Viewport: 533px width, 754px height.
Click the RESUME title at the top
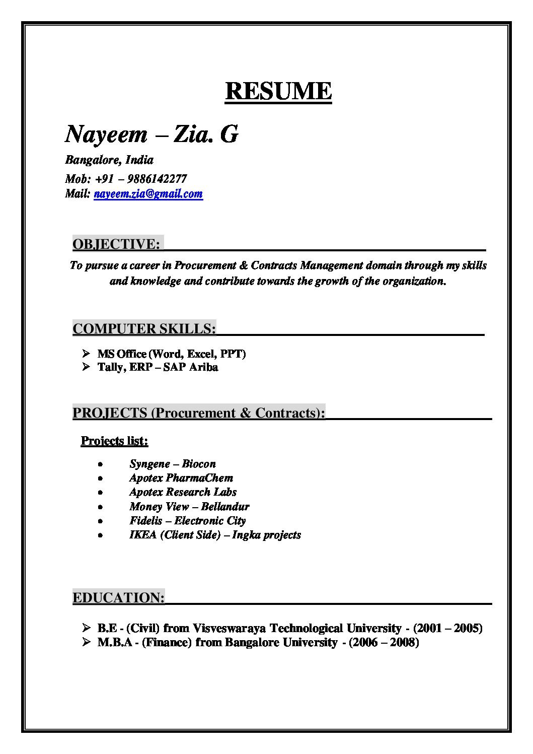pos(278,91)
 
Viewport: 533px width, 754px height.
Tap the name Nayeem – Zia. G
pos(151,134)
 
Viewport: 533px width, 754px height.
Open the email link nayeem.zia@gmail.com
pos(148,194)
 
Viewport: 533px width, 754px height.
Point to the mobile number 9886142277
pos(157,179)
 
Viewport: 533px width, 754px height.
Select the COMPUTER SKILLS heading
pos(144,329)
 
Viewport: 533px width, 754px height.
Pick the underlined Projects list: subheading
pos(114,441)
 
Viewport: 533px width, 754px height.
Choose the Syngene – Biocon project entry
pos(172,464)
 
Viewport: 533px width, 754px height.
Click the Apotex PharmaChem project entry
pos(181,478)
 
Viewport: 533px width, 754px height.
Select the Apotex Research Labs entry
pos(183,492)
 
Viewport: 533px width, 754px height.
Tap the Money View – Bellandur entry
pos(189,507)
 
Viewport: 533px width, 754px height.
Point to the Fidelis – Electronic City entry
pos(187,521)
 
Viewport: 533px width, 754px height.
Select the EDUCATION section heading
pos(118,598)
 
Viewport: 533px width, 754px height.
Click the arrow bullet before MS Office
pos(86,354)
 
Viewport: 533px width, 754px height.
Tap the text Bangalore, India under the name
pos(109,160)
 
